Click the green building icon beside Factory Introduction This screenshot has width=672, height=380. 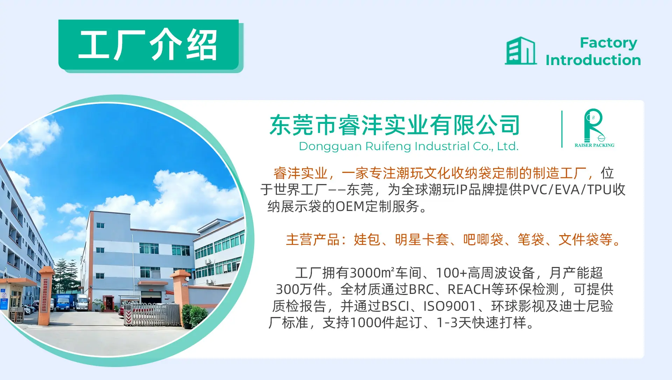click(x=521, y=51)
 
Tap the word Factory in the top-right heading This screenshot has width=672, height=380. click(x=608, y=43)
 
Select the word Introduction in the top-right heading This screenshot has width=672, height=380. click(x=593, y=60)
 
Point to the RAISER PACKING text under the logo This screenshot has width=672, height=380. click(x=594, y=145)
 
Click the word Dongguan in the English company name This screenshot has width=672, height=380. click(x=330, y=147)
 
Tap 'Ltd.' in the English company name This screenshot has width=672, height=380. click(x=508, y=146)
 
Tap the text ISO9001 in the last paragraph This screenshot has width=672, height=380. click(x=449, y=306)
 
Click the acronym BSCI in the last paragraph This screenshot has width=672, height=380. click(x=395, y=306)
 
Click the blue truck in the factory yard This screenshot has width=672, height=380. click(x=64, y=302)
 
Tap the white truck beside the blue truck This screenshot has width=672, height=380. click(x=82, y=302)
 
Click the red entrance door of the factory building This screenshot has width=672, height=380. click(x=108, y=303)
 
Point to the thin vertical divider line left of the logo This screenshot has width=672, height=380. click(x=562, y=129)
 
